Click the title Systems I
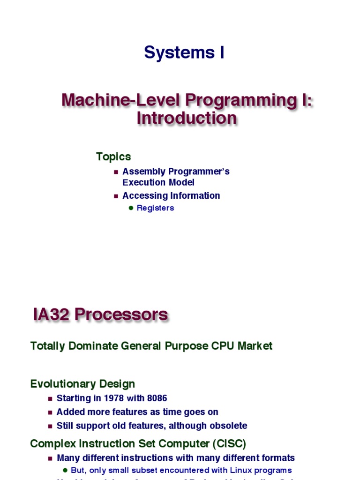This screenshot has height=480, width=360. coord(184,53)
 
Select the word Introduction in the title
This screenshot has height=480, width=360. coord(187,118)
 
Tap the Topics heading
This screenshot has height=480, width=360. coord(113,157)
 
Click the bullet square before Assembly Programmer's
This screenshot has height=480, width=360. coord(116,172)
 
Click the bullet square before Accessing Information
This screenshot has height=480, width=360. coord(116,196)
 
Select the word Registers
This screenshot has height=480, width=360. coord(155,208)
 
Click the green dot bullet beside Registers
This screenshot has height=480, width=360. coord(131,208)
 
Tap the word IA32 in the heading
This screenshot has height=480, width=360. coord(53,315)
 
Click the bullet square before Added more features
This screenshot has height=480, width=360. coord(51,412)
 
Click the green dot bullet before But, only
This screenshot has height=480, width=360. coord(65,470)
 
